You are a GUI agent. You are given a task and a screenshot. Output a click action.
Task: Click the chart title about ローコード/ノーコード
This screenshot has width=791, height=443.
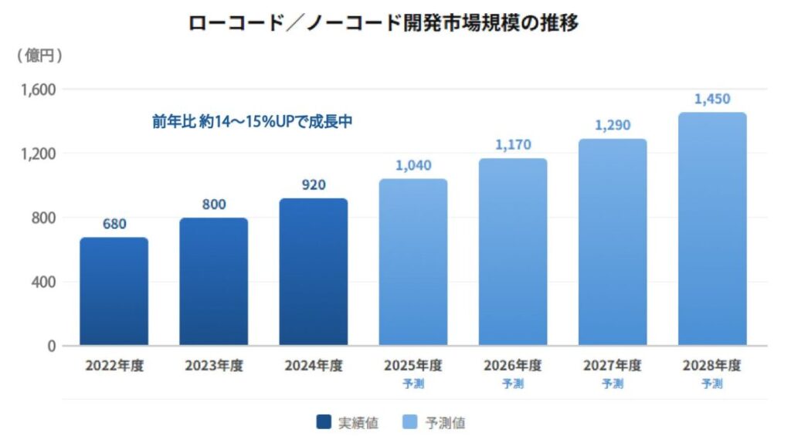384,23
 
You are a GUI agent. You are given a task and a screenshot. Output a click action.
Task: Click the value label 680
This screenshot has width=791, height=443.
114,225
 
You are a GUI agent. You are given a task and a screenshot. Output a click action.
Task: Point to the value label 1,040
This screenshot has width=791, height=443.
413,165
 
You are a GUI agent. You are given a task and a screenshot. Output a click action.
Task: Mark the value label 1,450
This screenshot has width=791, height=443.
712,99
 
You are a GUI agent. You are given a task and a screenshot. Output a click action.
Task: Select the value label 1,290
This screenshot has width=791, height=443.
613,124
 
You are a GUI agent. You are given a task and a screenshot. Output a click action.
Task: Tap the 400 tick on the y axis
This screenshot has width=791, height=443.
45,282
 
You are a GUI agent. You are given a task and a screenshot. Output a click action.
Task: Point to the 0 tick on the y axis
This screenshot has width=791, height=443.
51,346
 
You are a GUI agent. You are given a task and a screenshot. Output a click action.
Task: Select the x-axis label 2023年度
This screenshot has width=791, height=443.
214,366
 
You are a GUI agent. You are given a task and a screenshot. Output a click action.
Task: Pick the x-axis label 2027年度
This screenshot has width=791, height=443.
613,366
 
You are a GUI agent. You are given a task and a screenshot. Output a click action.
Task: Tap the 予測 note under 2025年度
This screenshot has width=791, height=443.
413,384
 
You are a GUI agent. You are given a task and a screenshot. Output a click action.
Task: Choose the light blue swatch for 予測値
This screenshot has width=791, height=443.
411,422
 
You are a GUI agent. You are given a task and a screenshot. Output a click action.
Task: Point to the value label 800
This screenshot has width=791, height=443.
214,205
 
